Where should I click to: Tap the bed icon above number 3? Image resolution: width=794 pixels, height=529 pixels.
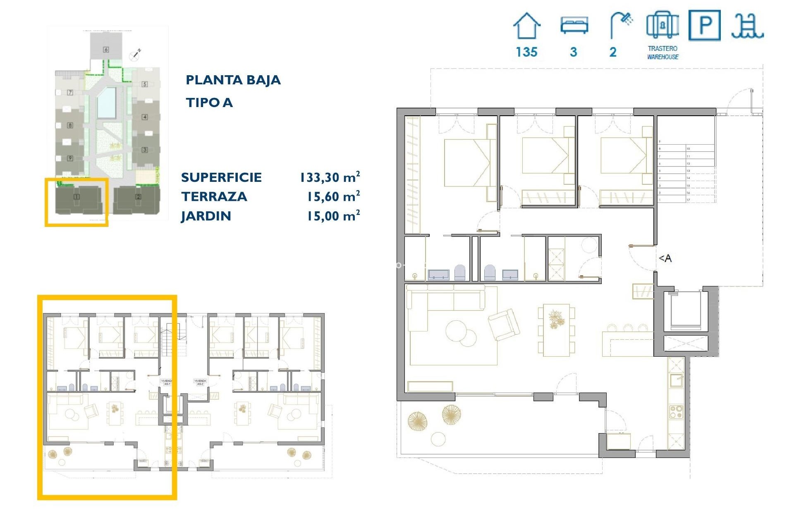click(574, 25)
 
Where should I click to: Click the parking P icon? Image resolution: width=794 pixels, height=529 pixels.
click(704, 25)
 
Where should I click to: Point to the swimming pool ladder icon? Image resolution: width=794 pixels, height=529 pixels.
click(747, 26)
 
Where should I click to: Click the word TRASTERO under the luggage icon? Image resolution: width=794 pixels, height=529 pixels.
click(662, 48)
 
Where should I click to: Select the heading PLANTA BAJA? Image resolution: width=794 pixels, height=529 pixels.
click(233, 80)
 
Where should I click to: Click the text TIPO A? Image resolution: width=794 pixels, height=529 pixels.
click(209, 102)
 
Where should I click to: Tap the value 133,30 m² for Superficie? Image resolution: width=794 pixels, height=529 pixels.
click(330, 177)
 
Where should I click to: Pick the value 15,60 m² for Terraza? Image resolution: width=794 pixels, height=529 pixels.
click(333, 197)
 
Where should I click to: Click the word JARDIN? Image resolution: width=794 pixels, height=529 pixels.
click(206, 216)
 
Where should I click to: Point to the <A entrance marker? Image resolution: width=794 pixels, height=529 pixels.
click(665, 258)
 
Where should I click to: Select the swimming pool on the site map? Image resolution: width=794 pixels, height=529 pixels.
click(106, 102)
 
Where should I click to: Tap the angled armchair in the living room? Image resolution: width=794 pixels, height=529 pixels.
click(504, 324)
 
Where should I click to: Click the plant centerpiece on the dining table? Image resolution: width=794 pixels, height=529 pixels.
click(556, 319)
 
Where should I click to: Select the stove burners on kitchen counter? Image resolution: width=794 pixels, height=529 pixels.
click(676, 412)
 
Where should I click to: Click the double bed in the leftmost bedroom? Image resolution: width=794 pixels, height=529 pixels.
click(467, 163)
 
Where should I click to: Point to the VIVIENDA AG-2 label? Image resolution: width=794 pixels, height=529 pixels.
click(200, 382)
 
